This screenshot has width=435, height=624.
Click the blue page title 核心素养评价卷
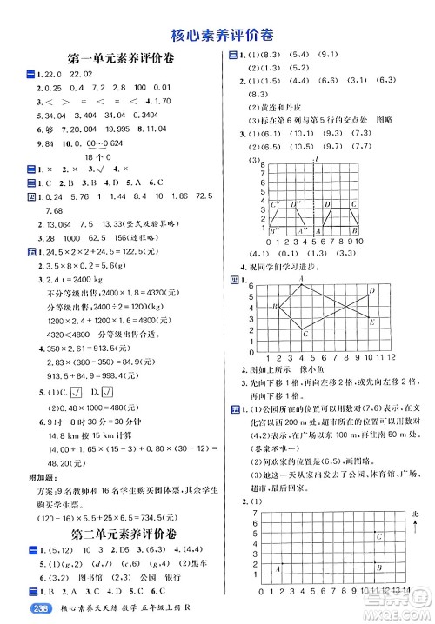pyautogui.click(x=217, y=35)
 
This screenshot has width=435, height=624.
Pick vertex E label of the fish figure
pyautogui.click(x=372, y=322)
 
